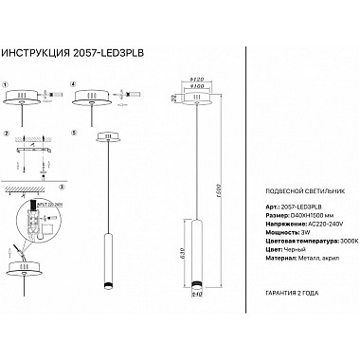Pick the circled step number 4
point(73,84)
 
